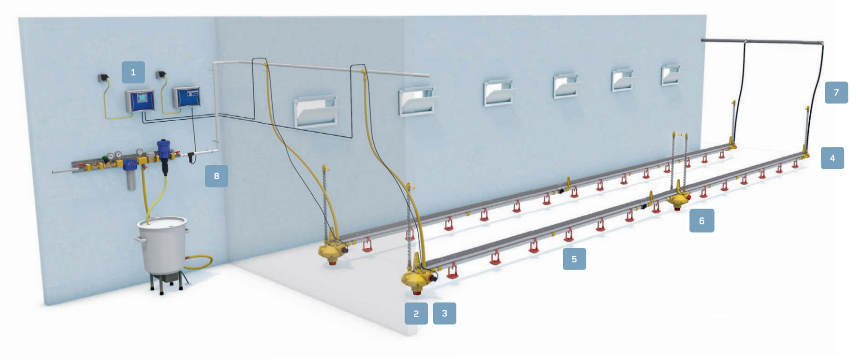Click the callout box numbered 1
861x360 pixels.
coord(133,72)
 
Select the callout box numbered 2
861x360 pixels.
coord(416,314)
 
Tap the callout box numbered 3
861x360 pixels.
coord(444,314)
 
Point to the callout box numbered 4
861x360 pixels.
coord(832,158)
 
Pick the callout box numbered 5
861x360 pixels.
coord(574,259)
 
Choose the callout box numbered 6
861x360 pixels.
coord(701,221)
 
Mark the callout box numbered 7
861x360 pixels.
coord(836,92)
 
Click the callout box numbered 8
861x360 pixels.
coord(216,176)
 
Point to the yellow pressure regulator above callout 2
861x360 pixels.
coord(417,278)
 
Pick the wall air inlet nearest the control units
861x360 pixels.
coord(316,112)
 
